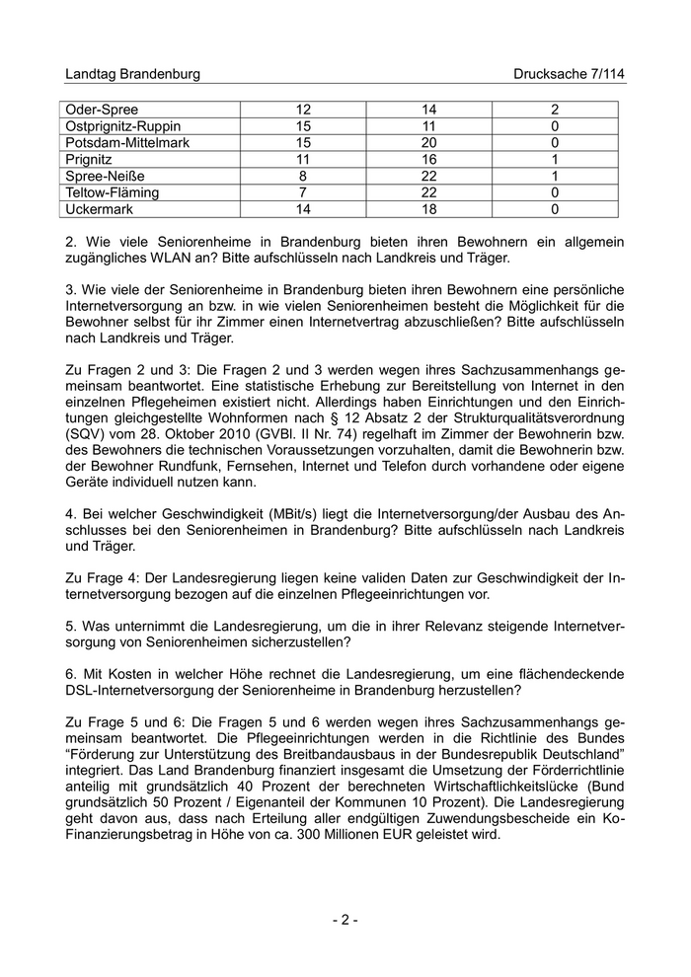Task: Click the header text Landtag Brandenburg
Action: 132,74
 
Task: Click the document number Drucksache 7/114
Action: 570,74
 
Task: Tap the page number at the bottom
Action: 345,920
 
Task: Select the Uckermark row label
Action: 99,209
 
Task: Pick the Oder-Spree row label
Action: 102,110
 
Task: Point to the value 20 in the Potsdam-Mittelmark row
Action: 430,143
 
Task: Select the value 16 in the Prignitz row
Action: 430,160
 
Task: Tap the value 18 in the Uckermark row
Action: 430,209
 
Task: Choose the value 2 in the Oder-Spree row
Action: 556,110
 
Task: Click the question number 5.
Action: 69,626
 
